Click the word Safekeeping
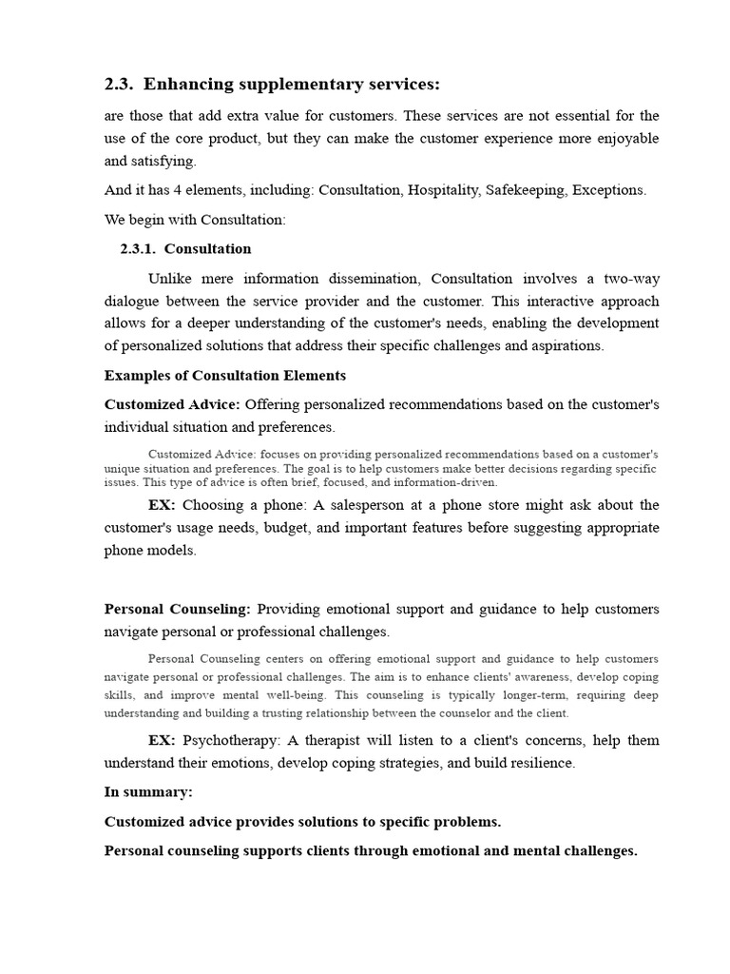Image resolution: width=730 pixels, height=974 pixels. pyautogui.click(x=525, y=190)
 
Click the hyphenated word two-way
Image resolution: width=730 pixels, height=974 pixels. pyautogui.click(x=627, y=279)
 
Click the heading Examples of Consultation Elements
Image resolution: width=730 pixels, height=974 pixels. pyautogui.click(x=225, y=376)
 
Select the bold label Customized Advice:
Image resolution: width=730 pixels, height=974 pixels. pyautogui.click(x=171, y=405)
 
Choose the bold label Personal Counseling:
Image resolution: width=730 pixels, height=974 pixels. pyautogui.click(x=177, y=609)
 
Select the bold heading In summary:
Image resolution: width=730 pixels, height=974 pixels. pyautogui.click(x=148, y=791)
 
